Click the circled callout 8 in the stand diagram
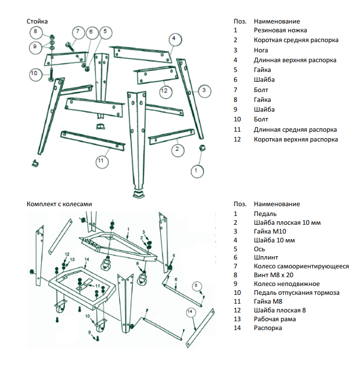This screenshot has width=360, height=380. pyautogui.click(x=35, y=32)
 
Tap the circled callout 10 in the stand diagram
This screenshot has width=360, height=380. pyautogui.click(x=34, y=73)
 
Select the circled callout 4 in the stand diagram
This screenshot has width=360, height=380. pyautogui.click(x=173, y=38)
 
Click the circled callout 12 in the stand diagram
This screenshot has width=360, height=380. pyautogui.click(x=165, y=91)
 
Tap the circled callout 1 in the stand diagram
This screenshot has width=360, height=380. pyautogui.click(x=196, y=170)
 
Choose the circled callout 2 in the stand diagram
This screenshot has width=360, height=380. pyautogui.click(x=177, y=149)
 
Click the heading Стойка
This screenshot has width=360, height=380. pyautogui.click(x=37, y=21)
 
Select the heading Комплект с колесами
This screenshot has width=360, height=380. pyautogui.click(x=59, y=204)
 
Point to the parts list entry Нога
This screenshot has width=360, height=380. pyautogui.click(x=261, y=50)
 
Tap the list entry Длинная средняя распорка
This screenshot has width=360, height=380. pyautogui.click(x=295, y=130)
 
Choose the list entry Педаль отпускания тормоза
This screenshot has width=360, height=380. pyautogui.click(x=296, y=293)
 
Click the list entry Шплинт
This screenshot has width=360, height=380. pyautogui.click(x=266, y=257)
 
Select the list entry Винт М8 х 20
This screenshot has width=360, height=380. pyautogui.click(x=273, y=275)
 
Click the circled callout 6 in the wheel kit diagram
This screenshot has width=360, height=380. pyautogui.click(x=196, y=285)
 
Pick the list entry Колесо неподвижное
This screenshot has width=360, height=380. pyautogui.click(x=287, y=284)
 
